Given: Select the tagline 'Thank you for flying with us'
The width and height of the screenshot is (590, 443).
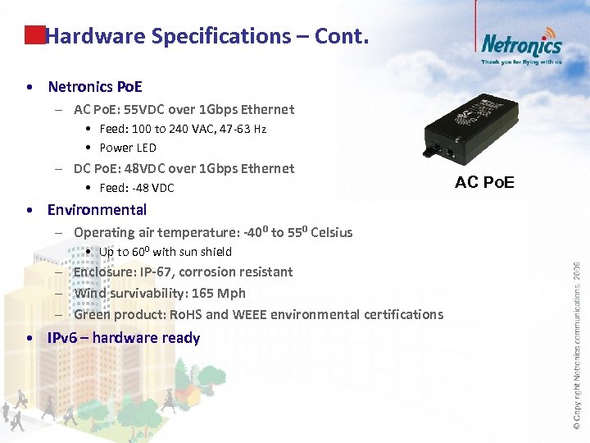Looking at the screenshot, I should point(521,62).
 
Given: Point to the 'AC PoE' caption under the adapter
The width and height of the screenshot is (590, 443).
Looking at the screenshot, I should point(484,182).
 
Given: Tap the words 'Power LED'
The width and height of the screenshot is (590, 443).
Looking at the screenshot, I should point(128,148).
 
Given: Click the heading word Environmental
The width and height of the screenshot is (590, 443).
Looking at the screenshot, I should point(97,209).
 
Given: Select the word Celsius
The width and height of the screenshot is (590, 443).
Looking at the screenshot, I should point(332,232).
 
